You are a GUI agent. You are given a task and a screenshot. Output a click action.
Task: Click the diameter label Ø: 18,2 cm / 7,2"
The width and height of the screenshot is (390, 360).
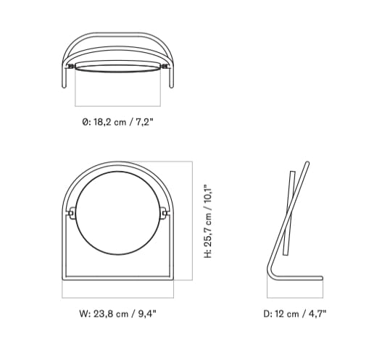coord(118,122)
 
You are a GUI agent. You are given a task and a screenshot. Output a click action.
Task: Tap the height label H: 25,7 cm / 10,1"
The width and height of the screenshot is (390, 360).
coord(209,221)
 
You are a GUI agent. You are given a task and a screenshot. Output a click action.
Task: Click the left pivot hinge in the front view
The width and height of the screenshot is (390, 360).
coord(71,213)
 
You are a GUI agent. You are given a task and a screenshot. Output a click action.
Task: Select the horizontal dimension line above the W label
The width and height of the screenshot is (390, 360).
coord(118,298)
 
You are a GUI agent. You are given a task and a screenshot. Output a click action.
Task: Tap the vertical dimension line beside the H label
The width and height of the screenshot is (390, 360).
coord(192,220)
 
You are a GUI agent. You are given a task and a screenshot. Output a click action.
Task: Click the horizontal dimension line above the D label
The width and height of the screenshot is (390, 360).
coord(296,298)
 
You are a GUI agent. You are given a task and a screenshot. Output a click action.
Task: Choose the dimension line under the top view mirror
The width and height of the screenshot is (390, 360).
coord(118,106)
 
